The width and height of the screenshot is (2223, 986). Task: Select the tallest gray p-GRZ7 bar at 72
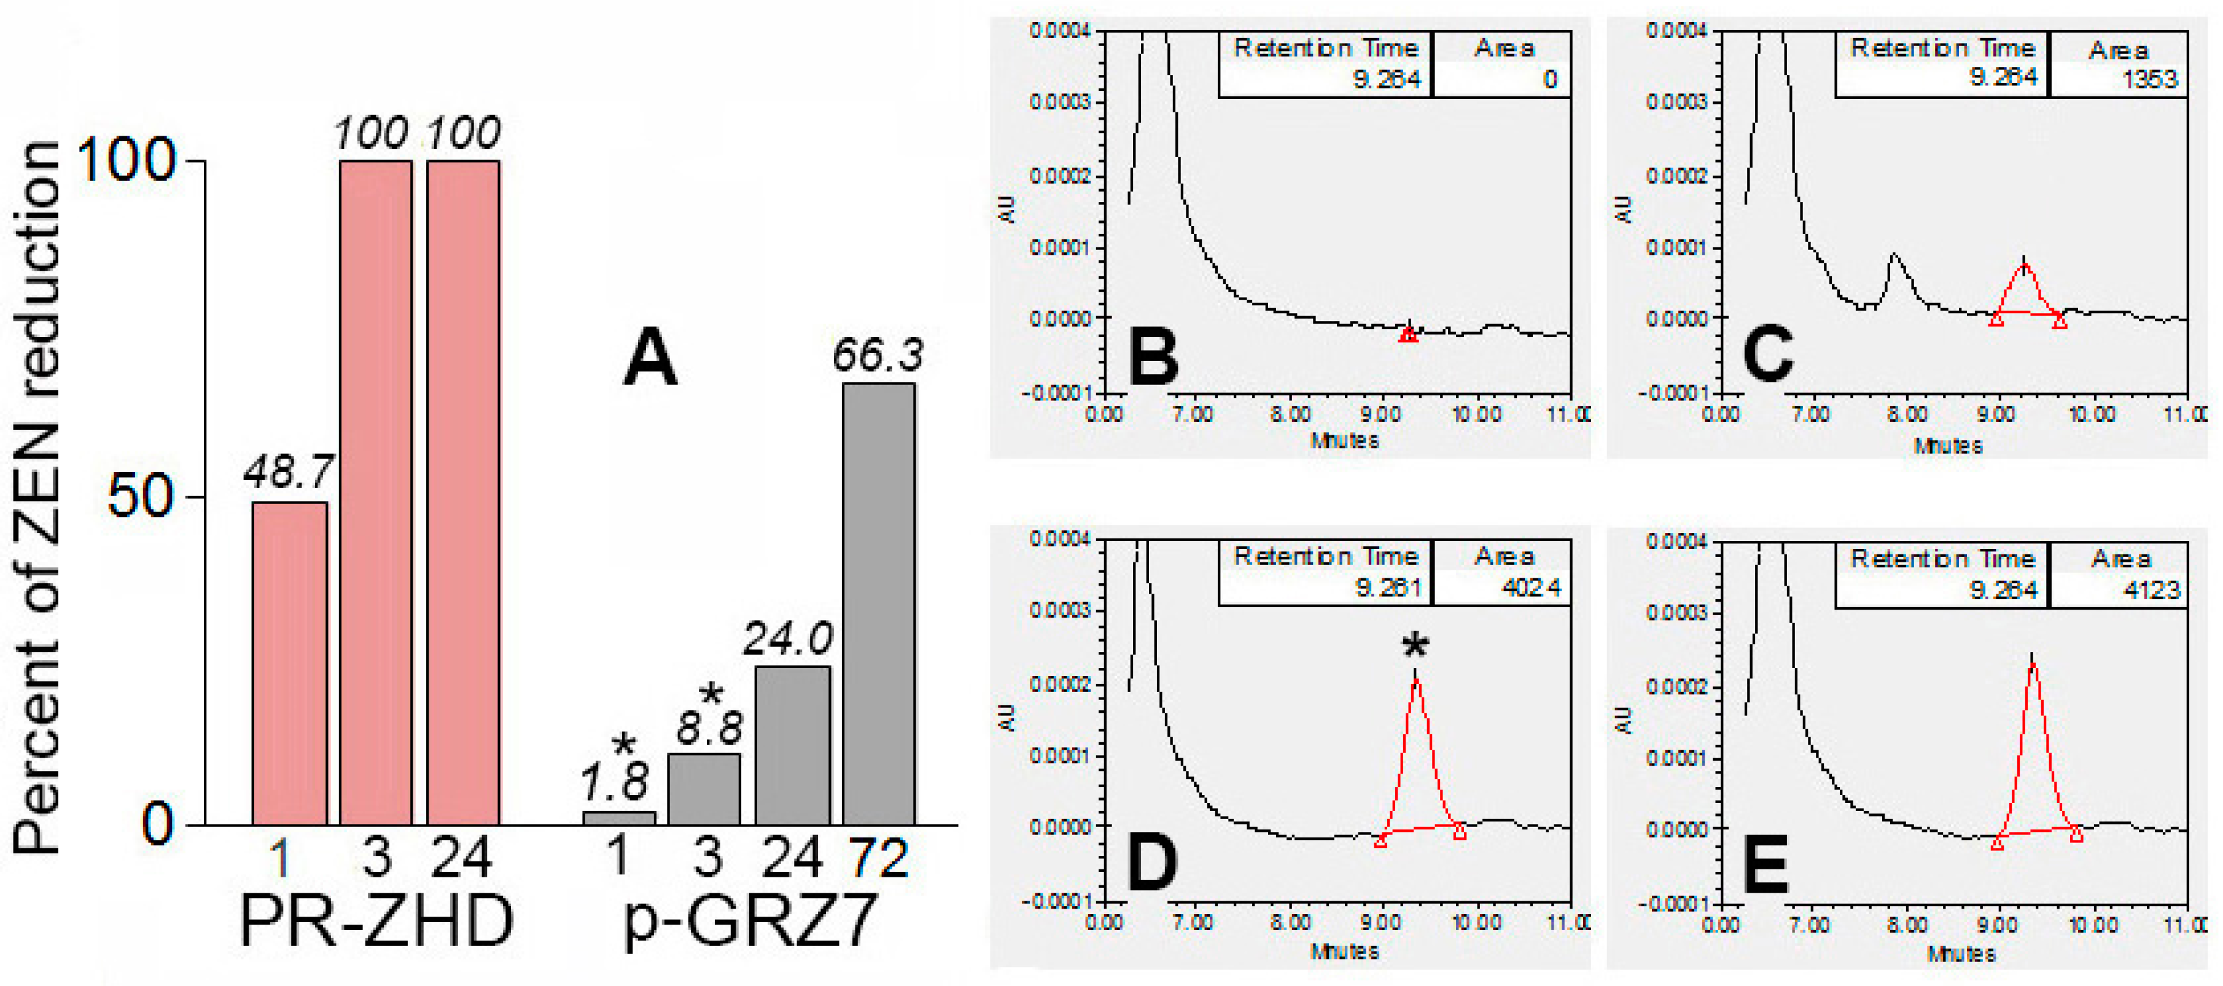(x=879, y=604)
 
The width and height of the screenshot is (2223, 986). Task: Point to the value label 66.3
(x=877, y=355)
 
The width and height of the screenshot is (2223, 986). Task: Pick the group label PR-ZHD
(x=376, y=922)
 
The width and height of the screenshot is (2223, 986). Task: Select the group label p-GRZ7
(x=749, y=922)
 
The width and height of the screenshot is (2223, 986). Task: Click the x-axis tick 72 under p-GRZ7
(x=879, y=858)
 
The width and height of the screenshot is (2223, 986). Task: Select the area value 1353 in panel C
(x=2149, y=79)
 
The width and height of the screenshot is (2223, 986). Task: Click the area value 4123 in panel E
(x=2151, y=590)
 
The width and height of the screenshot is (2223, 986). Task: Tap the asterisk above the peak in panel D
(x=1415, y=645)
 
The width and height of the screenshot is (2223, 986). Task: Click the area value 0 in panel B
(x=1550, y=79)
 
